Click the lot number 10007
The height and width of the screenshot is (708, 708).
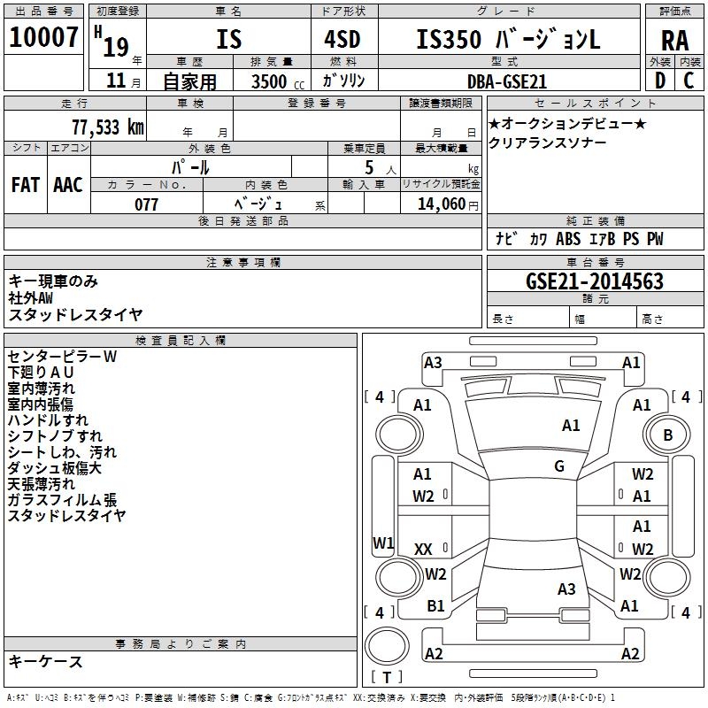[x=43, y=38]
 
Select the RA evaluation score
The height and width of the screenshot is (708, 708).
[x=674, y=40]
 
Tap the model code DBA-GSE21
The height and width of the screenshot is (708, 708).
[x=507, y=81]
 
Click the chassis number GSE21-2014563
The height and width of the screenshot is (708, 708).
[x=594, y=281]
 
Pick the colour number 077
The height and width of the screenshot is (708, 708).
[x=146, y=204]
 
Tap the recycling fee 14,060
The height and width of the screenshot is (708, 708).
[x=440, y=204]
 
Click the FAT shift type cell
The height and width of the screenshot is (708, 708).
[x=26, y=185]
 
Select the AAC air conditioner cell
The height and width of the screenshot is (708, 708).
[x=68, y=185]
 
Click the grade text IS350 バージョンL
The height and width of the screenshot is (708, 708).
[x=508, y=40]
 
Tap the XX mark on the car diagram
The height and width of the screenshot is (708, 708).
[x=423, y=550]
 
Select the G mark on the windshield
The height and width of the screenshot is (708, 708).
[x=559, y=466]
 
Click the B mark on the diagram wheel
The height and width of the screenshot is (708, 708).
[x=667, y=435]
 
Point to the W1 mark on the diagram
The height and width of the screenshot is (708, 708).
[x=382, y=543]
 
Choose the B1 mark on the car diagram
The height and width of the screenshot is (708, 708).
[x=435, y=606]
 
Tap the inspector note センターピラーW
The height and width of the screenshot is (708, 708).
[x=62, y=357]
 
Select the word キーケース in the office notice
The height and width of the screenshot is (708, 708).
[x=46, y=661]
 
